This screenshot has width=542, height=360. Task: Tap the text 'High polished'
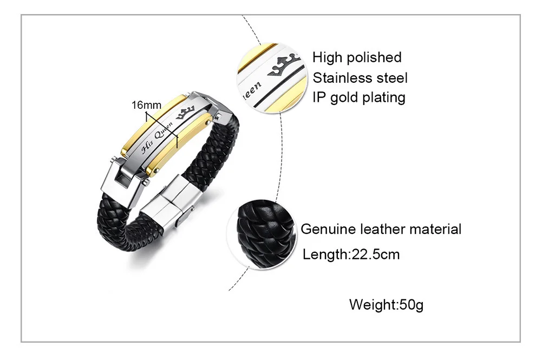[x=357, y=57]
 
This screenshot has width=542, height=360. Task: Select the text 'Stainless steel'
[x=360, y=77]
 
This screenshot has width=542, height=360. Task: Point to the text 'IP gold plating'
[x=358, y=97]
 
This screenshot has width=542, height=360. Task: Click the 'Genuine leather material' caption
[x=381, y=229]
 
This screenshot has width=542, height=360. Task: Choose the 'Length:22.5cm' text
[x=351, y=254]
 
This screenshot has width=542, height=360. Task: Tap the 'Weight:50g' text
[x=386, y=304]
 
